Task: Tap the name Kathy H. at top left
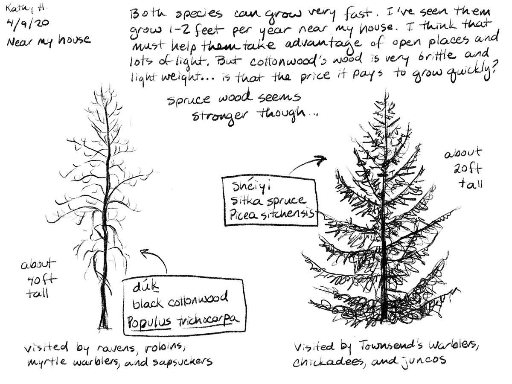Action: tap(26, 9)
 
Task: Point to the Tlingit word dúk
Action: tap(146, 287)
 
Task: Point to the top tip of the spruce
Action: tap(385, 88)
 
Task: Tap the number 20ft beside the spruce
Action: tap(468, 169)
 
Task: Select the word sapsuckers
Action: tap(183, 362)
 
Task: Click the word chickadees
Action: tap(329, 362)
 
